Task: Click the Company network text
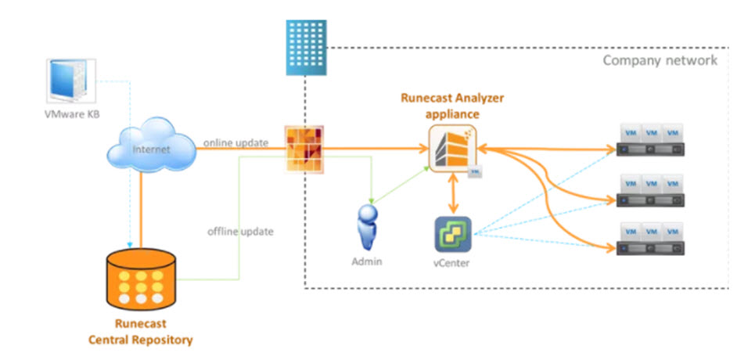coord(659,60)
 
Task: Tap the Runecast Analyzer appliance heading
coord(452,105)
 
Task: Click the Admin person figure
coord(365,227)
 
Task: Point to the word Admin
coord(366,261)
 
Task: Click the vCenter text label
coord(452,263)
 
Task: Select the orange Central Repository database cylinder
coord(140,281)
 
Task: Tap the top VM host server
coord(650,138)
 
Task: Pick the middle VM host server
coord(650,189)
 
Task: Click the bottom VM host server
coord(650,239)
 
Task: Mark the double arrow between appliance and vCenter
coord(451,193)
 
